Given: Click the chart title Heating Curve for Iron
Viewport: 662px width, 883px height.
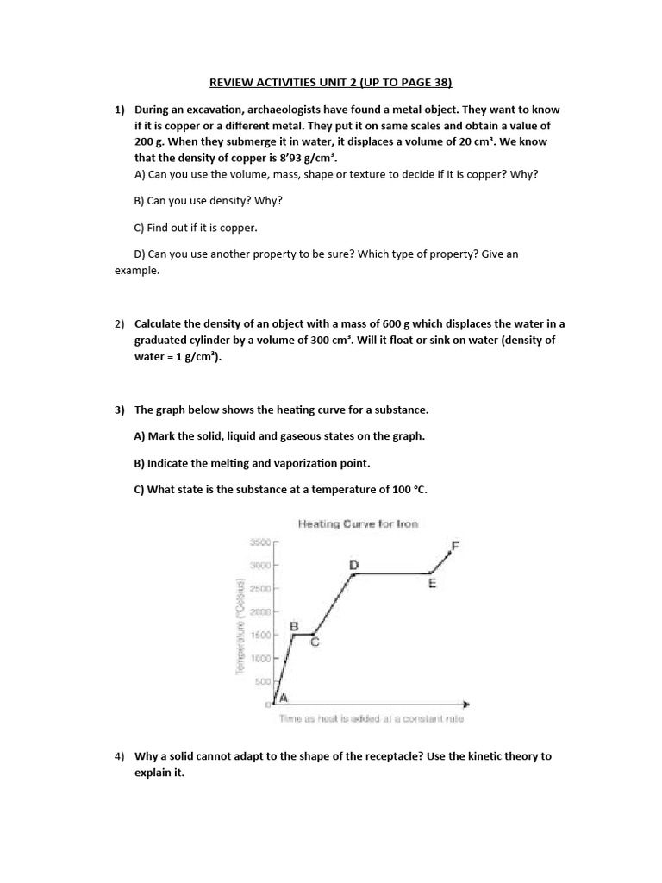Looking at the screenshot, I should (x=358, y=523).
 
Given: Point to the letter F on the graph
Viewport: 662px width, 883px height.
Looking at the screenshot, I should (x=456, y=545).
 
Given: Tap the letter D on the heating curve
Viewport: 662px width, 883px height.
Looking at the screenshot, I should (x=353, y=565).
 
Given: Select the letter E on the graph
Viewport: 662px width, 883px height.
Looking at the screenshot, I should (x=432, y=584).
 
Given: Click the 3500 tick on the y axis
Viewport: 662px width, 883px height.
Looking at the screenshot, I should (x=259, y=542).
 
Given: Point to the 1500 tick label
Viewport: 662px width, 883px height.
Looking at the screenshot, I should (x=259, y=635).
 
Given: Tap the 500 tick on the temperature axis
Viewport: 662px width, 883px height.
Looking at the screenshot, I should (x=262, y=681).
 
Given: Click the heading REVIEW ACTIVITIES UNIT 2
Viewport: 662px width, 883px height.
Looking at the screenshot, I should (x=331, y=82).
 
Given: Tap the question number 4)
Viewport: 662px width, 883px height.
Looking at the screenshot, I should (x=121, y=756).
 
